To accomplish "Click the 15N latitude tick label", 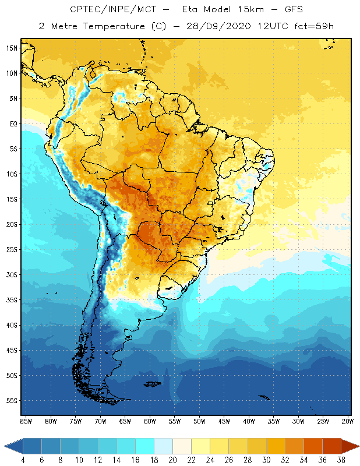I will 12,48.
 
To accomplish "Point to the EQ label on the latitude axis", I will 12,123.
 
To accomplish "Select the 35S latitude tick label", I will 12,300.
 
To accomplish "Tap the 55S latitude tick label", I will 12,401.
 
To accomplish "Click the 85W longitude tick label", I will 26,421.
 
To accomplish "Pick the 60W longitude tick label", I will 150,421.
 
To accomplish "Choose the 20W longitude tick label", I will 347,421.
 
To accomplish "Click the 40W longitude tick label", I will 249,421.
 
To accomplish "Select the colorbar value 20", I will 172,460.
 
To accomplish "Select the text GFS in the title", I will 294,10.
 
